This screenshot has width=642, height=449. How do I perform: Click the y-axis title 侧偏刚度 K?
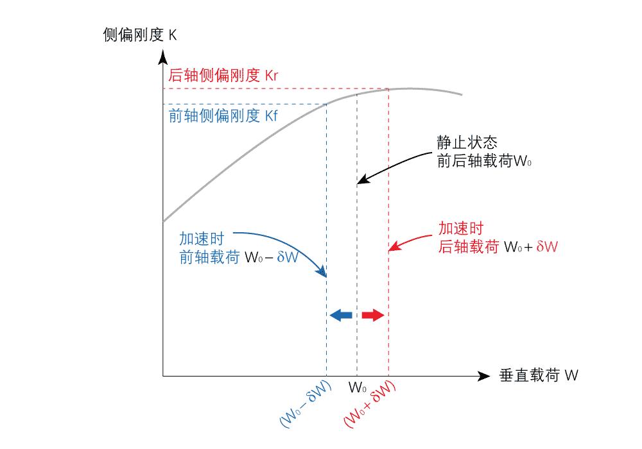(139, 35)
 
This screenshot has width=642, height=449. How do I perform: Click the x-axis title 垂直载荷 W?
(538, 376)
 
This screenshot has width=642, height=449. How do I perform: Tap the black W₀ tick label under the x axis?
(358, 388)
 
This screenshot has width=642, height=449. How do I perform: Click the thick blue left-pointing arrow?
(341, 315)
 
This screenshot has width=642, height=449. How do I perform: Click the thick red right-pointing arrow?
(372, 315)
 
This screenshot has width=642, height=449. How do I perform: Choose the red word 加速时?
(460, 228)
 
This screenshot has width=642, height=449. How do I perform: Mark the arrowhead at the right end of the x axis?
(483, 376)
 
